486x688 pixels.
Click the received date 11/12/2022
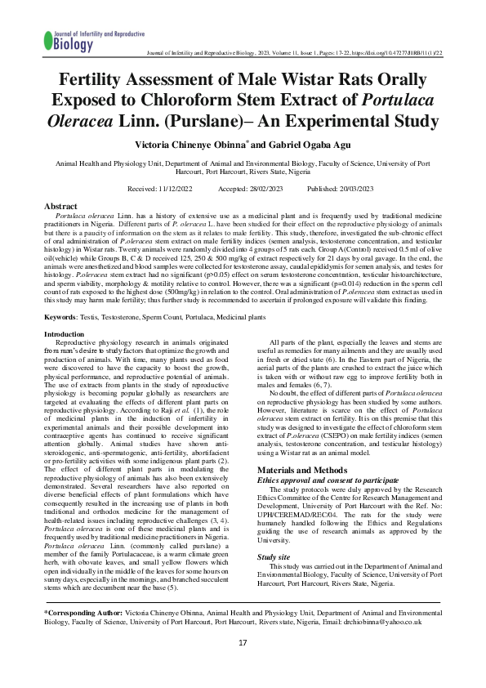[180, 189]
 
